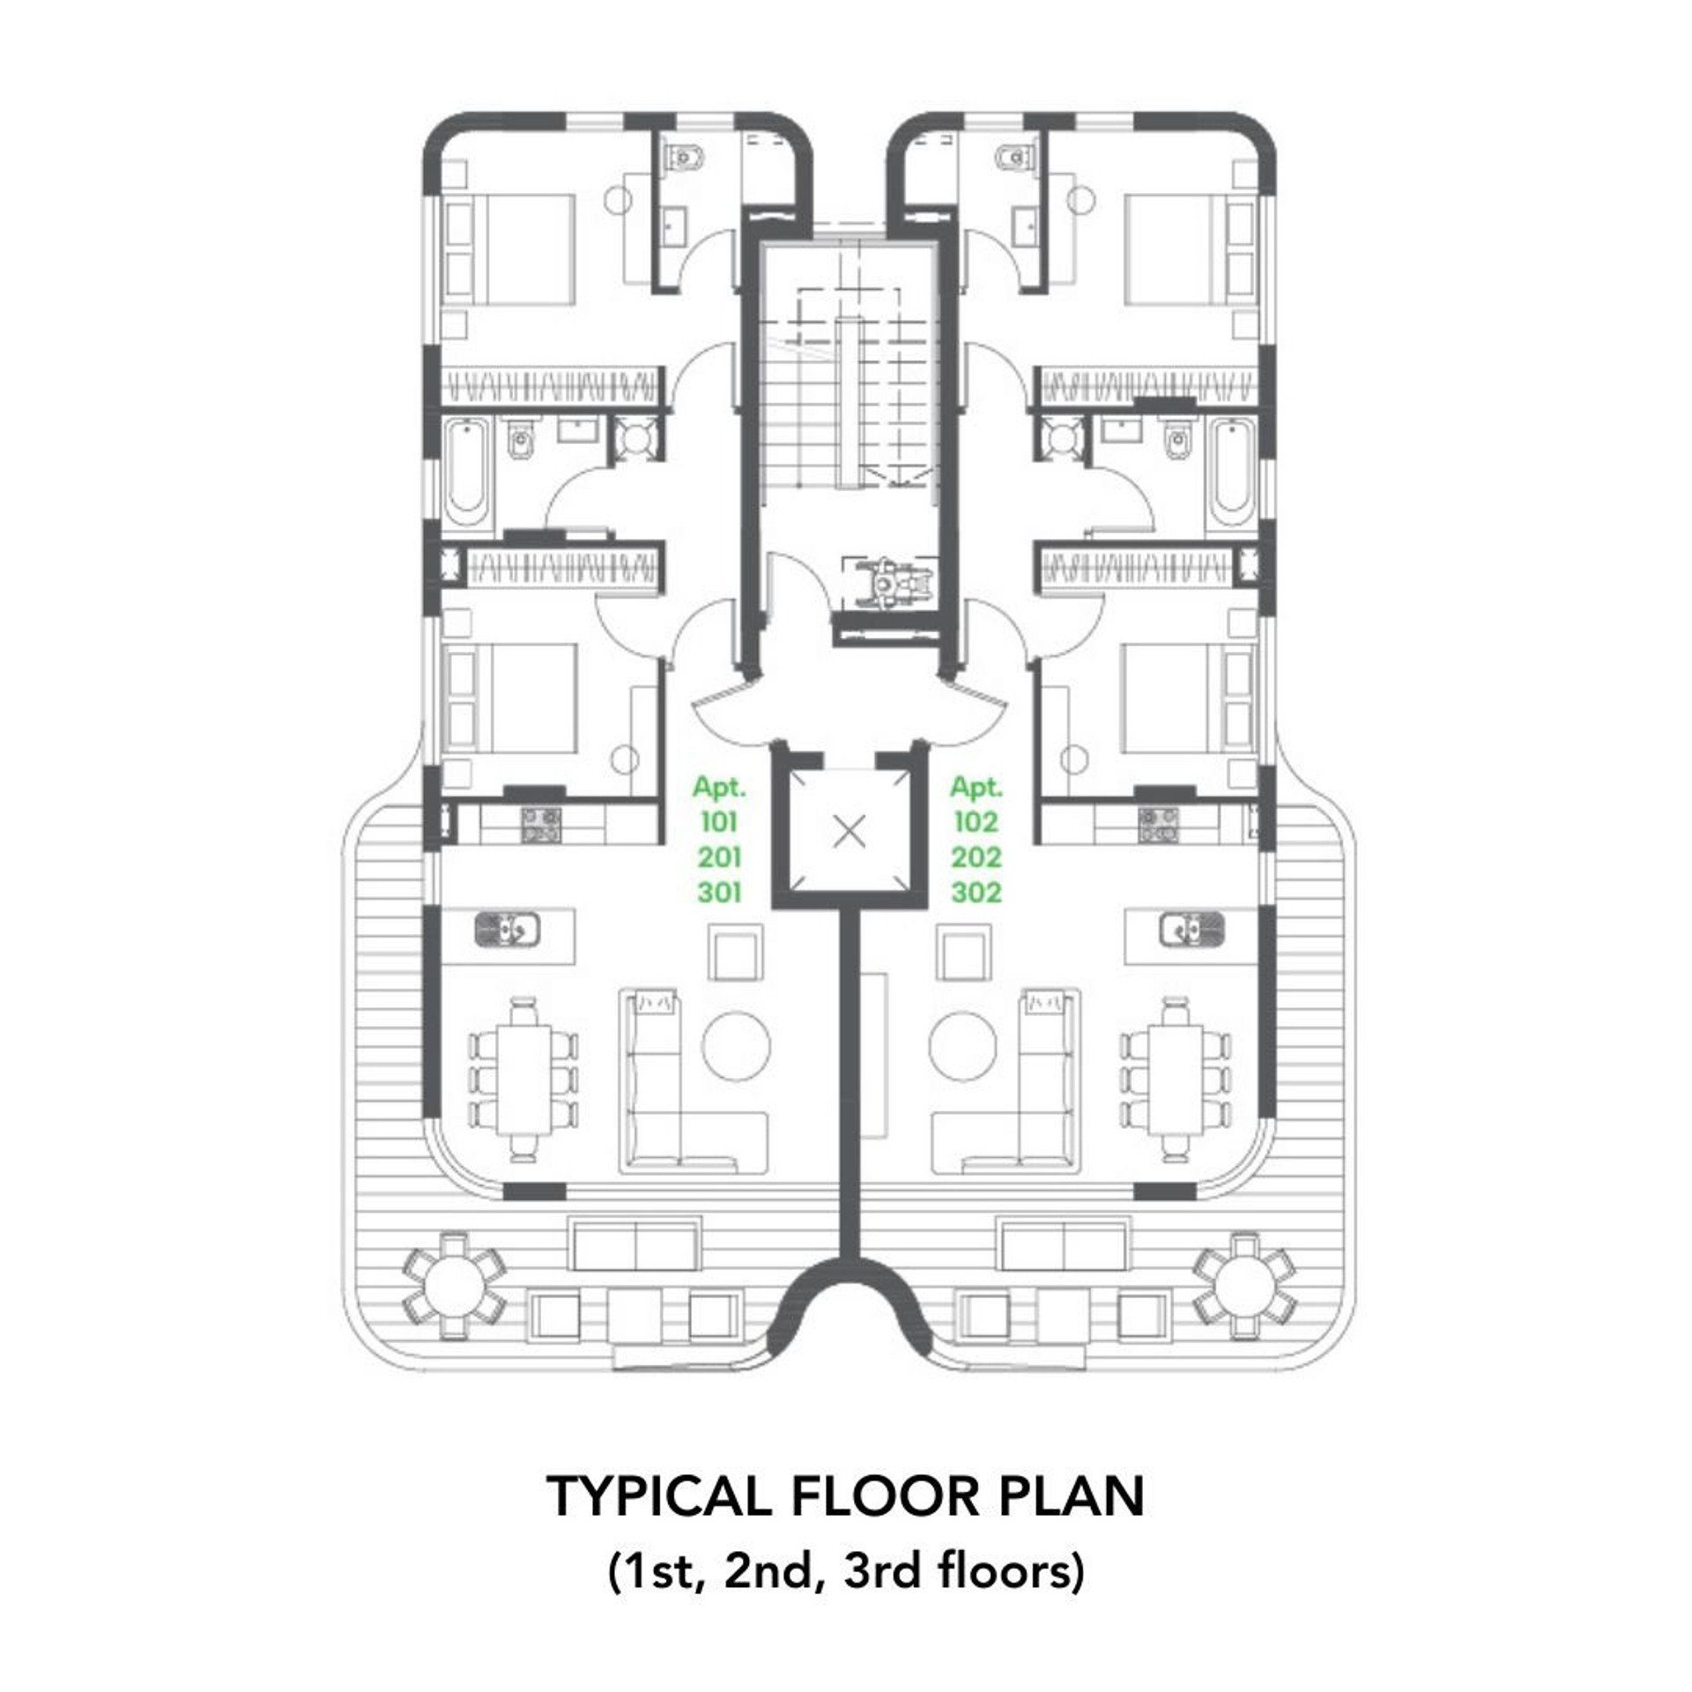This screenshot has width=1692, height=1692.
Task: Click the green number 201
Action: pos(719,857)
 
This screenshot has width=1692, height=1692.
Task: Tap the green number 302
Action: pos(976,893)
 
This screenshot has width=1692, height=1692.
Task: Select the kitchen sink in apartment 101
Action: pos(508,929)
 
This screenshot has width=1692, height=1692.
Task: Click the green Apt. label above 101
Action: pos(719,788)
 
